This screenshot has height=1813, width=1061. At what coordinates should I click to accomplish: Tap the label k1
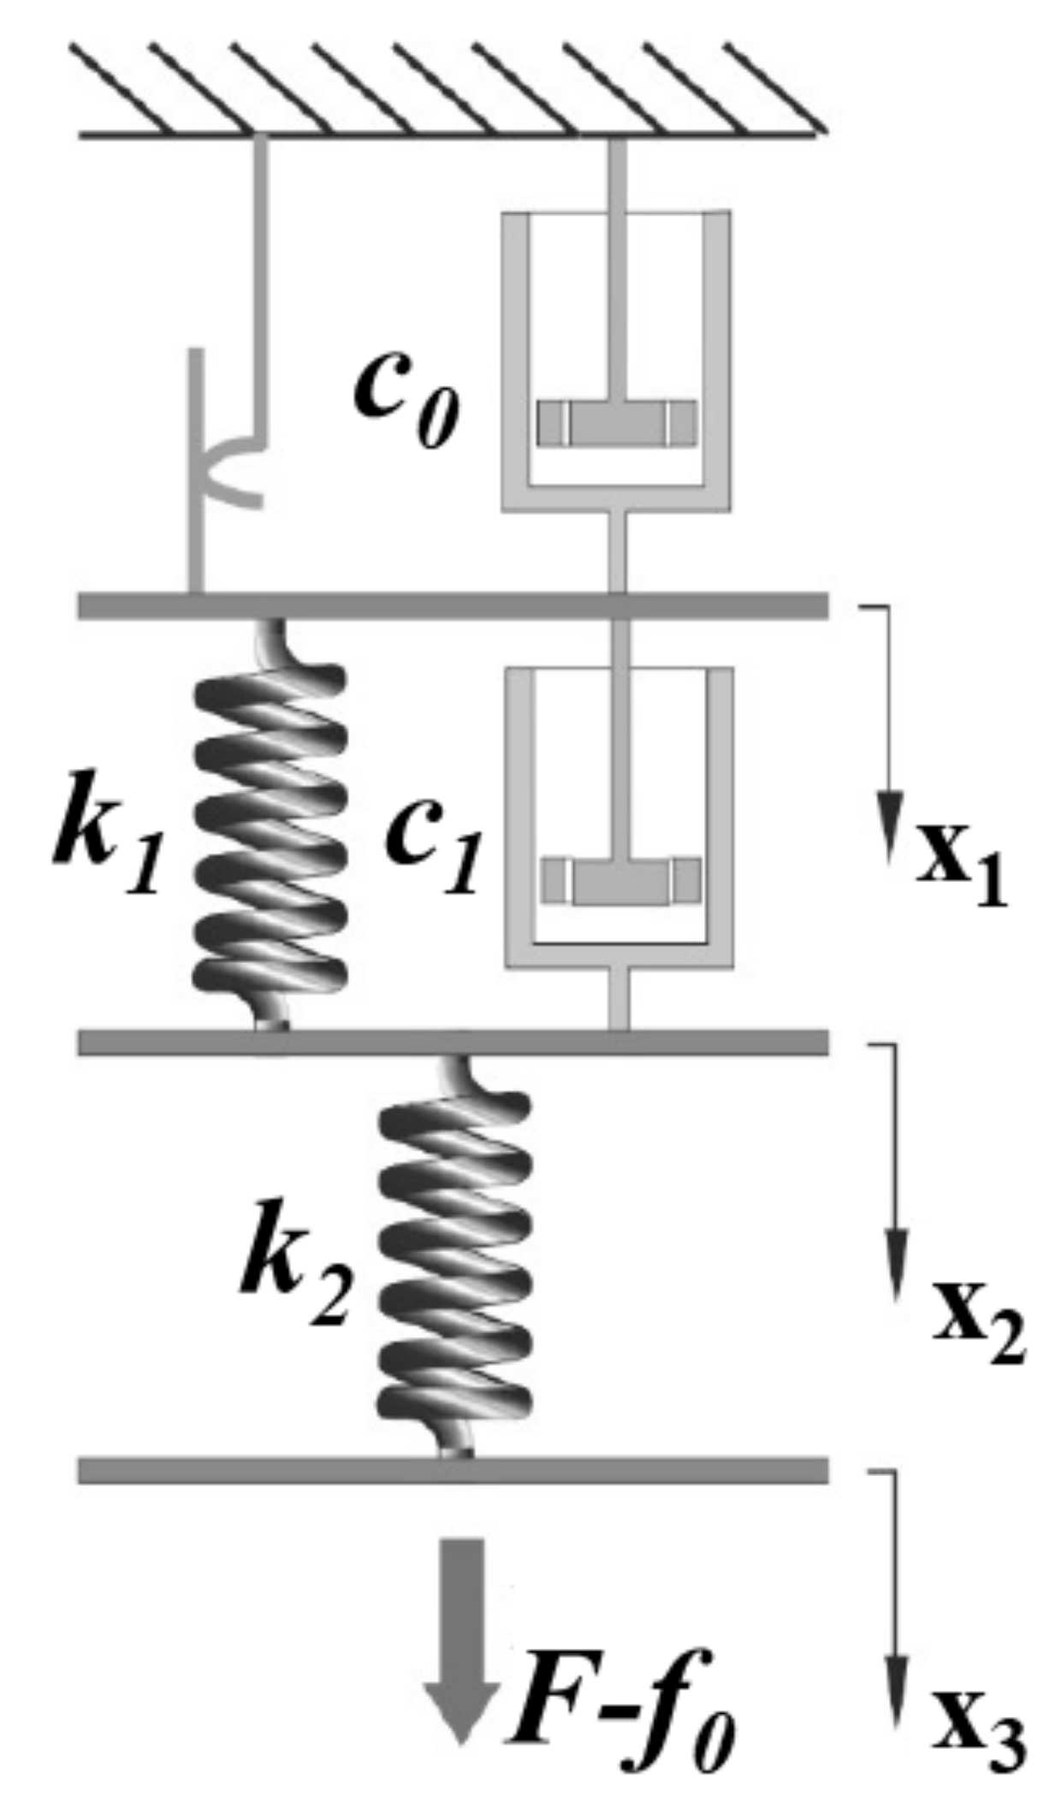click(108, 834)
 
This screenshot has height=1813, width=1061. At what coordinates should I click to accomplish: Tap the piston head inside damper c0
click(616, 422)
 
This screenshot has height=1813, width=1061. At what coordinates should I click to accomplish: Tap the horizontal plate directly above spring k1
click(453, 605)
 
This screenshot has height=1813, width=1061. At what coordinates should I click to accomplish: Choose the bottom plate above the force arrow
click(453, 1470)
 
